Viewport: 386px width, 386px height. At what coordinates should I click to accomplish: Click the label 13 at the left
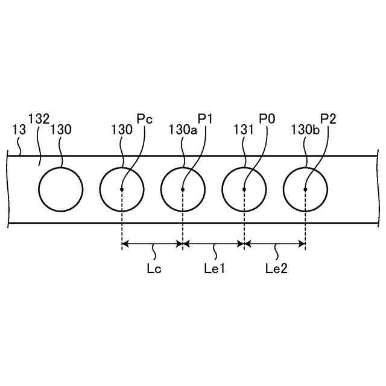point(19,129)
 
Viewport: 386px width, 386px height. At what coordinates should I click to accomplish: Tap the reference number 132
point(39,119)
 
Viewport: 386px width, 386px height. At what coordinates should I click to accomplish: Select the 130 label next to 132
point(60,129)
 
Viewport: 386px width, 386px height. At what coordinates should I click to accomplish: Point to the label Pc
point(145,119)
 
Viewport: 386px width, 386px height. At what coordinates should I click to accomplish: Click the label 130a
point(183,129)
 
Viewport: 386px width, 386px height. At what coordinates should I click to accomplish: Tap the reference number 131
point(244,129)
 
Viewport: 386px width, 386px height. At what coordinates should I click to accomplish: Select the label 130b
point(305,129)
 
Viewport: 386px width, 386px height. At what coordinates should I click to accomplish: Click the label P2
point(328,119)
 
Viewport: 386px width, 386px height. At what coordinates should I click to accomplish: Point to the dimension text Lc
point(153,268)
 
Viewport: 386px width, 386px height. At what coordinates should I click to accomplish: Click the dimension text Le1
point(214,268)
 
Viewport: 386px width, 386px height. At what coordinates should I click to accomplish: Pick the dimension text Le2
point(276,268)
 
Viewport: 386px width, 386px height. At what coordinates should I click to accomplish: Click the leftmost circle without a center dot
point(60,189)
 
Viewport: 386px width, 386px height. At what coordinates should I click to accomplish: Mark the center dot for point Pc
point(122,189)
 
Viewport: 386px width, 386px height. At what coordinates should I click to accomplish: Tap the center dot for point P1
point(183,189)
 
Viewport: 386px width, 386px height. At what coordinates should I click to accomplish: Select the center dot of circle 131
point(244,189)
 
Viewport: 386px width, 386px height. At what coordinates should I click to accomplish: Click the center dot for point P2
point(305,189)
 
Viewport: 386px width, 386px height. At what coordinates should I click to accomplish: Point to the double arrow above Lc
point(152,244)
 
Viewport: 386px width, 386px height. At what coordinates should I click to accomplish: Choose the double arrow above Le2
point(275,244)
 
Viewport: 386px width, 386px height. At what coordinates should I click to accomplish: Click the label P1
point(206,119)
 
